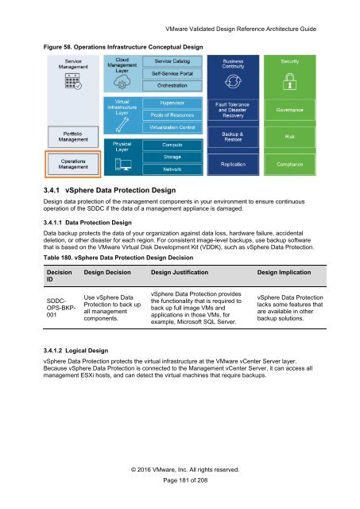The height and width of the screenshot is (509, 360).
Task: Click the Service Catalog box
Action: click(x=176, y=61)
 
